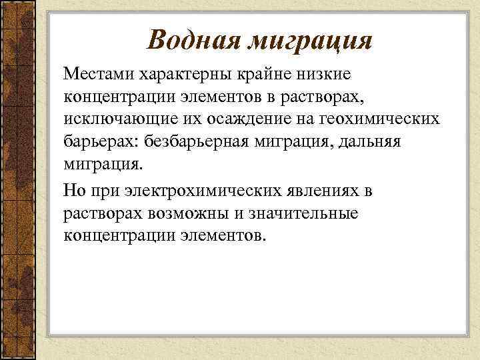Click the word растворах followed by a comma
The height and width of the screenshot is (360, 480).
331,97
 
